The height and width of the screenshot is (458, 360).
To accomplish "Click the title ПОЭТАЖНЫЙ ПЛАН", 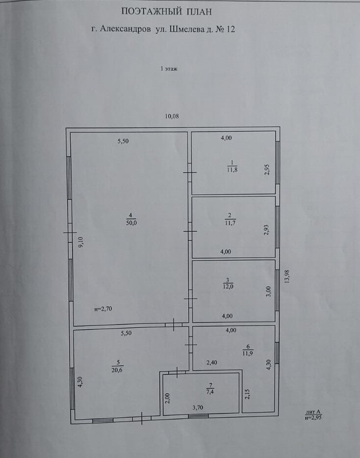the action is (x=166, y=12).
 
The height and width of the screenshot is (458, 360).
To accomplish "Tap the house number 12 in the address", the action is (x=231, y=29).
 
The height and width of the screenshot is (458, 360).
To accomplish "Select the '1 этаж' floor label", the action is (x=169, y=69).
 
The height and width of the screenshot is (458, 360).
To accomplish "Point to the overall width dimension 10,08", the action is (x=172, y=116).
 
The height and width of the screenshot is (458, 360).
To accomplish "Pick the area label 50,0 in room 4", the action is (x=131, y=222).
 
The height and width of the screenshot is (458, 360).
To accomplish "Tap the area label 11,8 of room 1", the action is (x=232, y=169).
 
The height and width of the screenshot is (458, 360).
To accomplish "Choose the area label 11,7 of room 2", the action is (x=230, y=222).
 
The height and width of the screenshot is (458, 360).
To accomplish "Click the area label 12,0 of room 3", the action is (x=228, y=287).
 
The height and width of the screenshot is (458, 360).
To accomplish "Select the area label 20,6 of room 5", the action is (x=117, y=371).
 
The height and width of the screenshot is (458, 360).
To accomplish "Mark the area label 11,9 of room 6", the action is (x=248, y=353).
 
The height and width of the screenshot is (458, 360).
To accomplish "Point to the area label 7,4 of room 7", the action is (x=210, y=392).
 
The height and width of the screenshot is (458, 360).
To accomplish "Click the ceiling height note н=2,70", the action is (x=103, y=309).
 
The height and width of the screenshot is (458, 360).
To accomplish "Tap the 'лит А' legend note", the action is (x=313, y=412).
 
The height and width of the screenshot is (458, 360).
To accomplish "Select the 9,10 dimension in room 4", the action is (x=81, y=242).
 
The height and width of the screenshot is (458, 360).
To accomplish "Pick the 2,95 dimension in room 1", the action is (x=267, y=169).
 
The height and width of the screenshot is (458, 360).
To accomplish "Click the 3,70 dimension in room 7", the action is (x=198, y=407).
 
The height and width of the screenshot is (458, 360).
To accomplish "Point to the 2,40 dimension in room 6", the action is (x=212, y=363).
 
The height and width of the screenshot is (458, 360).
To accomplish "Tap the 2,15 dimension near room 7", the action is (x=247, y=393).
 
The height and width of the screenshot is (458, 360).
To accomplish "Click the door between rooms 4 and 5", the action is (x=174, y=324).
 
